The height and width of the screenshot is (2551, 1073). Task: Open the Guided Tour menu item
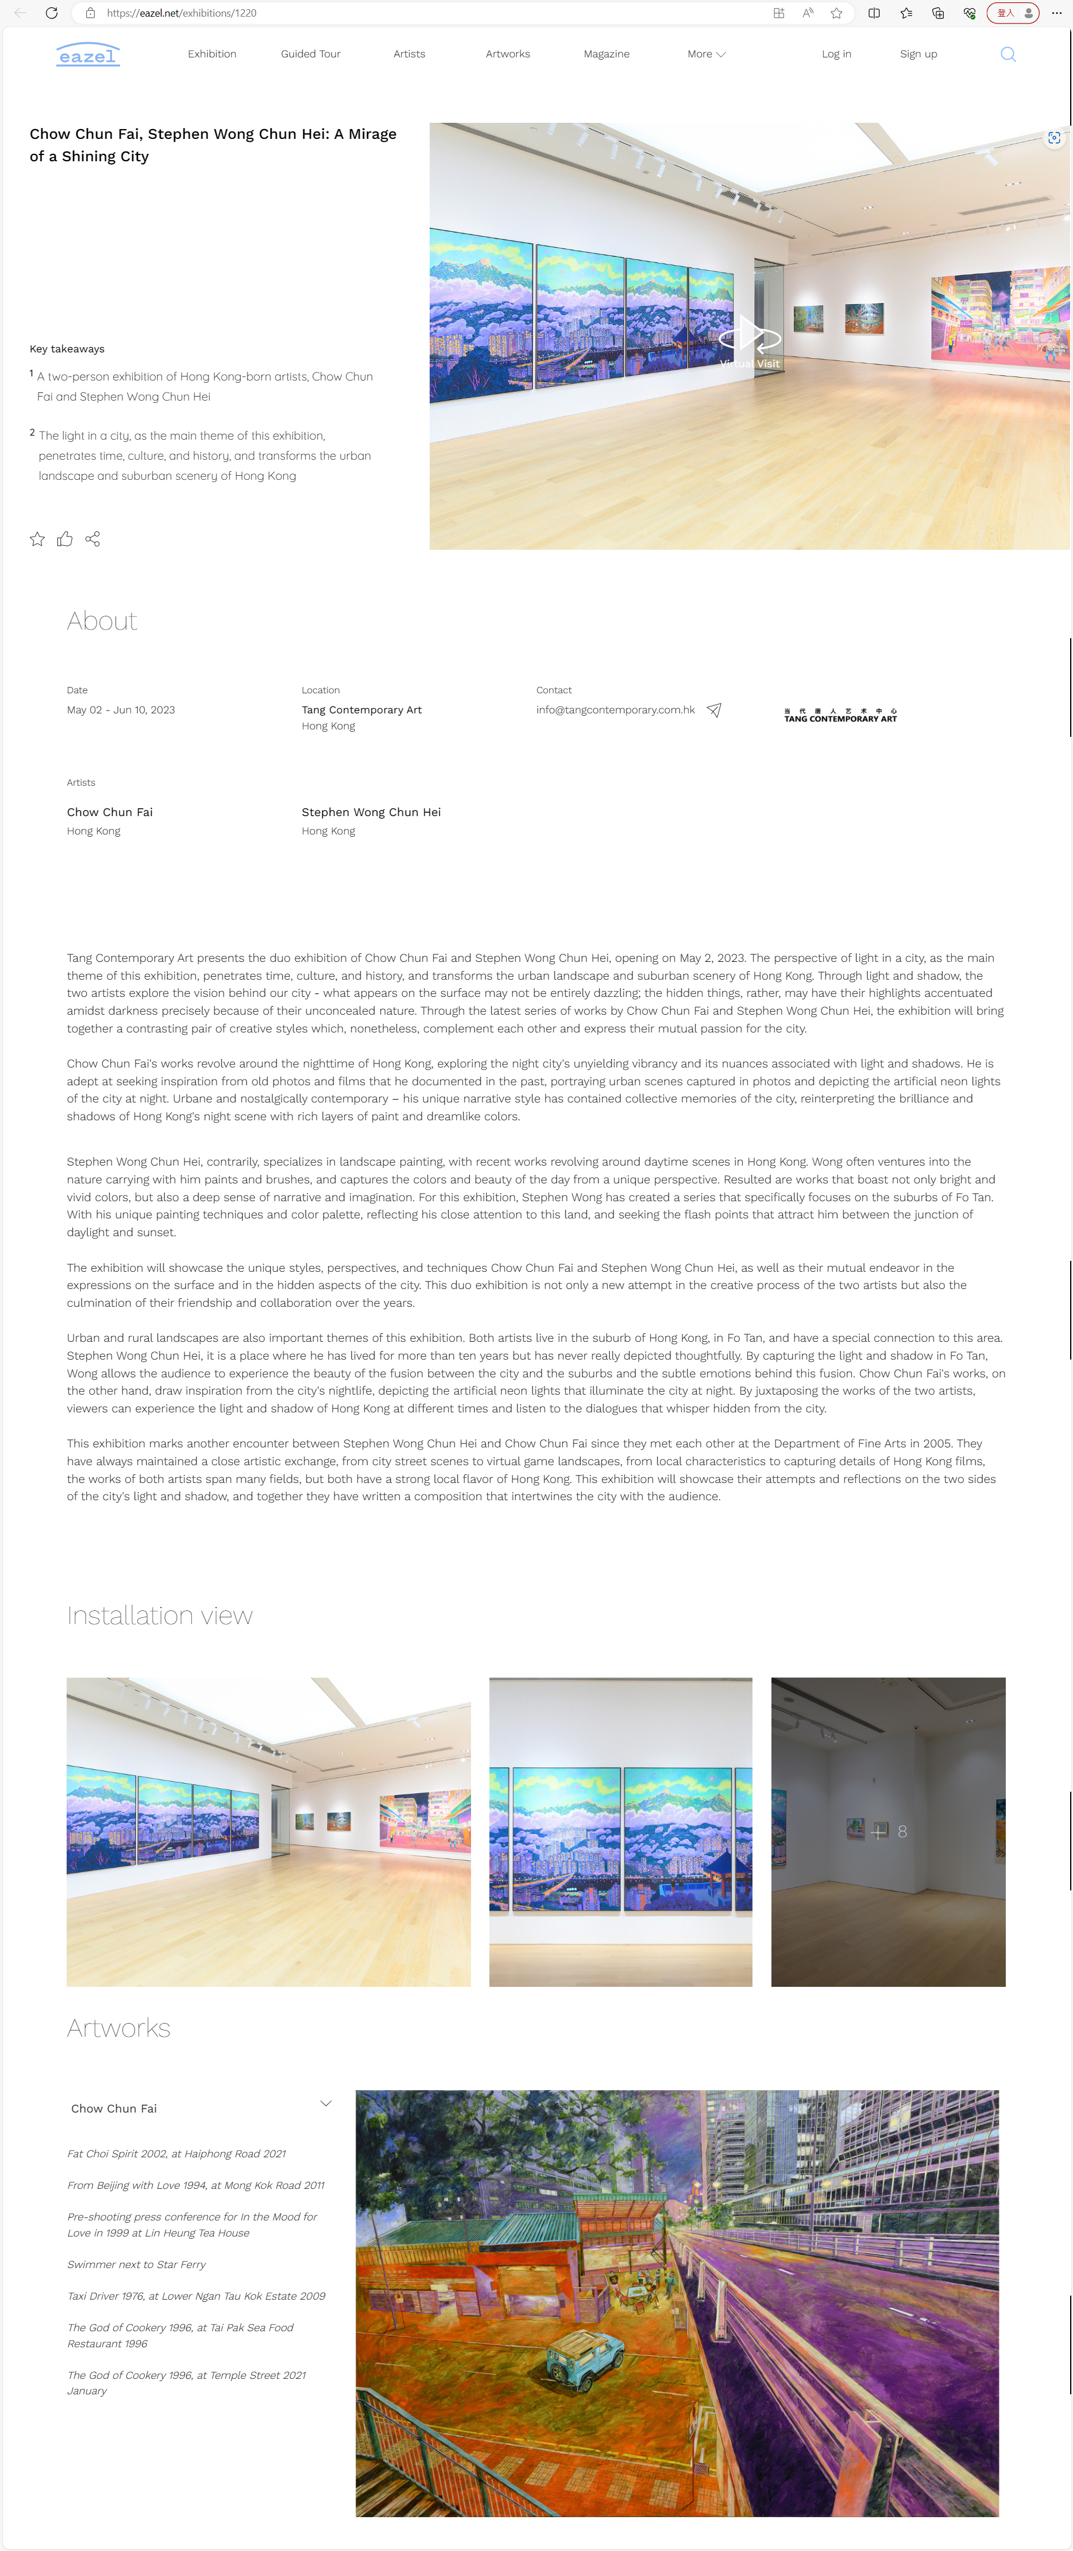(x=310, y=55)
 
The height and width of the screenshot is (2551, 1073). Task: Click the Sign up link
(x=917, y=55)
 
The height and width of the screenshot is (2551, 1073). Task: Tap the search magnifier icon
(x=1008, y=55)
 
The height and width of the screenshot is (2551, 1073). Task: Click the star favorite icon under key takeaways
(x=38, y=539)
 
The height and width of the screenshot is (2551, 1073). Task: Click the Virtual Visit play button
(x=750, y=337)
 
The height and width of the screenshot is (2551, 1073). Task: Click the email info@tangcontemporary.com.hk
(x=615, y=710)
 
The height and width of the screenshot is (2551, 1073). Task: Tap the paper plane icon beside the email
(x=713, y=710)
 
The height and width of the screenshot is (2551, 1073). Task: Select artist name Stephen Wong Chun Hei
(x=370, y=812)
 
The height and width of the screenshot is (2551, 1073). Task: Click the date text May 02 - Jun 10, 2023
(x=121, y=710)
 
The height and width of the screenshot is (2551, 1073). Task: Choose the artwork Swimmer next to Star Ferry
(x=137, y=2265)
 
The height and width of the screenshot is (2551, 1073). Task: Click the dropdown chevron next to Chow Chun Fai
(x=325, y=2103)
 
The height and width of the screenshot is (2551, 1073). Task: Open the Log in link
(x=836, y=55)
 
